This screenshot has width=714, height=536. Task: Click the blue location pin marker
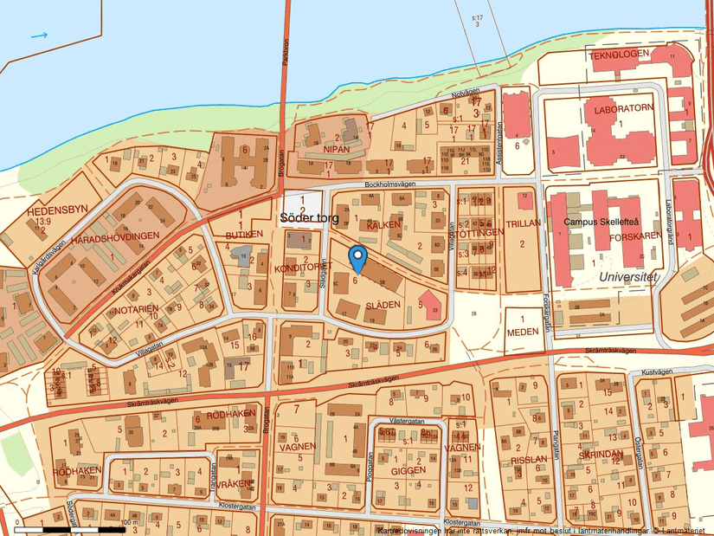pos(358,255)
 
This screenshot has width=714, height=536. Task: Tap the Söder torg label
pos(309,219)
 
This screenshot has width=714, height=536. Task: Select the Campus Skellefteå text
pos(605,221)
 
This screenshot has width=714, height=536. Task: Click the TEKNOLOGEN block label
pos(619,55)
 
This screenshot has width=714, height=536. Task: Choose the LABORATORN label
pos(618,111)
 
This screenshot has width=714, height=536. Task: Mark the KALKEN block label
pos(382,225)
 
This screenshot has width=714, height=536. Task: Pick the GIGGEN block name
pos(408,470)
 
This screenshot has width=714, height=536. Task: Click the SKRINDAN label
pos(600,455)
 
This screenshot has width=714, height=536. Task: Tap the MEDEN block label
pos(522,332)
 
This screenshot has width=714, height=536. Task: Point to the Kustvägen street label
pos(657,371)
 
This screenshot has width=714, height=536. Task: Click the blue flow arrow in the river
pos(40,36)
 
